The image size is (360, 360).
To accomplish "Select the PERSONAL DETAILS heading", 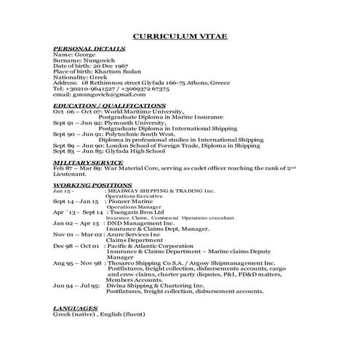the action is coord(89,49).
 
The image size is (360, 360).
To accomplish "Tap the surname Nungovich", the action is coord(95,60).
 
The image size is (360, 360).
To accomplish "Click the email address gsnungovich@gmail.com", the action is coord(110,95).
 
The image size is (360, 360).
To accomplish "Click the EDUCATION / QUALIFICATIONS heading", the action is coord(109,105).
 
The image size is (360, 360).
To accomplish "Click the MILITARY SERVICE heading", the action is coord(88,162).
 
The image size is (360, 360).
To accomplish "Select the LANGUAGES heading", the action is coord(75,308).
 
